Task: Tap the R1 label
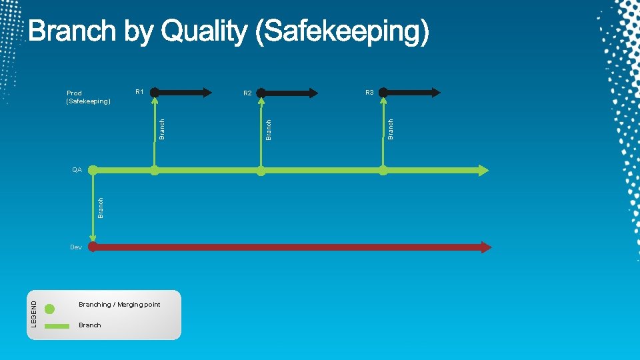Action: pos(139,92)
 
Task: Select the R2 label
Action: pos(247,93)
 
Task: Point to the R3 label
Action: pos(369,92)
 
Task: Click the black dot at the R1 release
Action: pos(155,93)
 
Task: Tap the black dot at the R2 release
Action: pos(261,93)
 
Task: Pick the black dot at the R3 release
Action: pos(383,93)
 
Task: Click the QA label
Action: pos(77,170)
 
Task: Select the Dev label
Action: pos(76,247)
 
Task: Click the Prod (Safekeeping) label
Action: pos(88,97)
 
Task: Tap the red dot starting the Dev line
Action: pos(93,247)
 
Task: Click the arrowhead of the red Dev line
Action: pos(486,247)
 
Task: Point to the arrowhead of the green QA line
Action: pos(483,170)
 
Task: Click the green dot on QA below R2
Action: pos(261,171)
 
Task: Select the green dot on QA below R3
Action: pos(383,171)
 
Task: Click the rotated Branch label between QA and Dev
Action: pos(101,207)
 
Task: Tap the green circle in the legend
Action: pos(50,309)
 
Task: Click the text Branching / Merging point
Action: pos(119,305)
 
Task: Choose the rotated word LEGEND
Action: pos(35,313)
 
